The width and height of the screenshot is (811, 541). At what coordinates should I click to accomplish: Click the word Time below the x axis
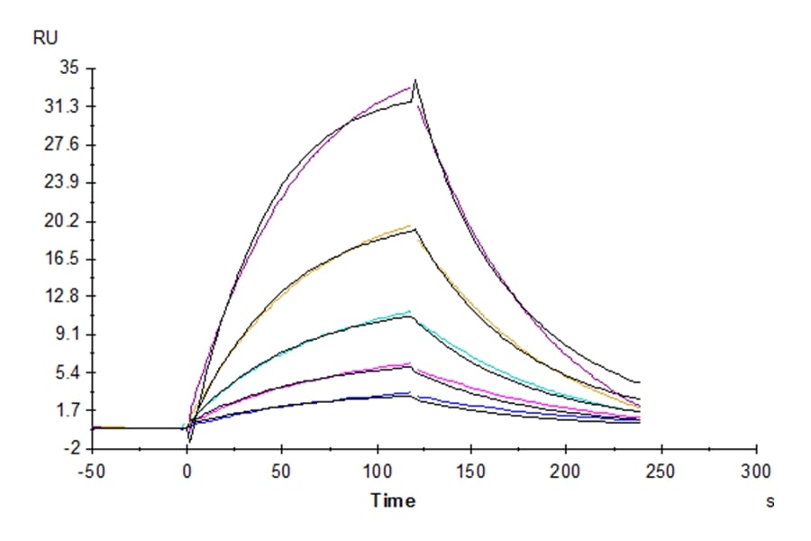[x=393, y=500]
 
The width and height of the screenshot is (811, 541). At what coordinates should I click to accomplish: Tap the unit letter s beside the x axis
[x=770, y=501]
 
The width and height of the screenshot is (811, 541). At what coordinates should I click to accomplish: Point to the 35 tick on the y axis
[x=69, y=69]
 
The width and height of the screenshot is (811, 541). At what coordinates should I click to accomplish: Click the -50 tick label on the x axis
[x=92, y=470]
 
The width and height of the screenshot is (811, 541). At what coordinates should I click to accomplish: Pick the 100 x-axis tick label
[x=377, y=470]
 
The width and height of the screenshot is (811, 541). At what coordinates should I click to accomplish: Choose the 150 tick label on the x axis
[x=472, y=470]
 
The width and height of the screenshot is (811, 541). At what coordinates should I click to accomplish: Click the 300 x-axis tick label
[x=756, y=470]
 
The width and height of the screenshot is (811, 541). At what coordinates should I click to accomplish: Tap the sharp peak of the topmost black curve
[x=415, y=81]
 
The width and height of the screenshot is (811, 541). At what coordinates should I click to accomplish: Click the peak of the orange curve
[x=410, y=225]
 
